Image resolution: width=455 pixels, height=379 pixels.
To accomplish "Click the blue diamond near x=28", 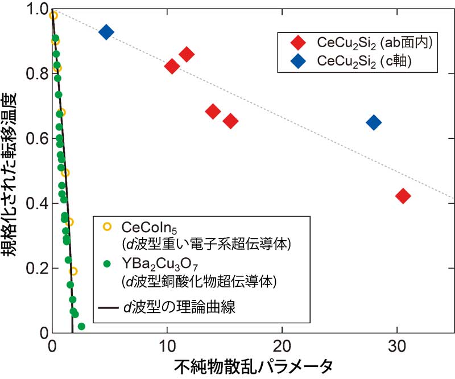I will tap(374, 122).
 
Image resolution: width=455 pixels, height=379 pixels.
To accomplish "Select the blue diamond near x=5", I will tap(106, 32).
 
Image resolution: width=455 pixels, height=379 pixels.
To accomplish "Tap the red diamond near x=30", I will tap(403, 196).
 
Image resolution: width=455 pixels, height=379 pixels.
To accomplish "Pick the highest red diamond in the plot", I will tap(186, 55).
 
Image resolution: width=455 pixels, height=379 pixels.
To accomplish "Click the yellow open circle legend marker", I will tap(107, 228).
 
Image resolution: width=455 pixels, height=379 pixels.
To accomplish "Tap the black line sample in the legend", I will tap(107, 308).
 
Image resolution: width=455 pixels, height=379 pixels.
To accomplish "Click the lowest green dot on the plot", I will tap(81, 327).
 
